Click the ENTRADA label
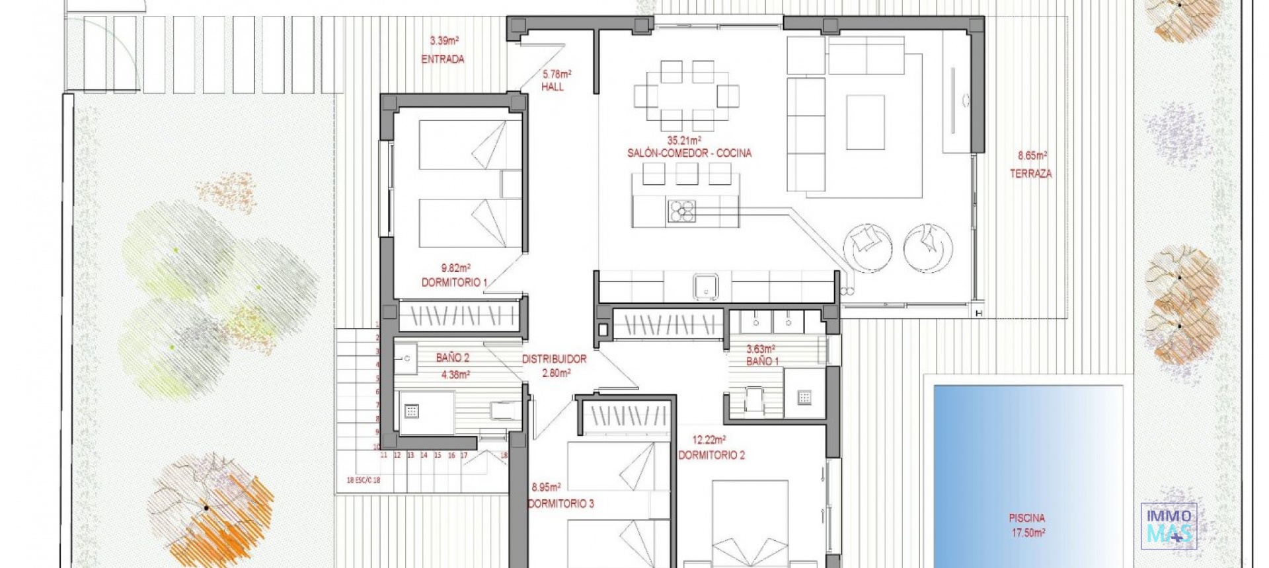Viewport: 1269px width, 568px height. [x=443, y=59]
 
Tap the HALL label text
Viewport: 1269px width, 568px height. [x=553, y=87]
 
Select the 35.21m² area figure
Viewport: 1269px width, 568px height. [x=683, y=141]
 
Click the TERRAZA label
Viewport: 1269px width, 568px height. [x=1030, y=174]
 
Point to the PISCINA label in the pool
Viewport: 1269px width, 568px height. [x=1026, y=518]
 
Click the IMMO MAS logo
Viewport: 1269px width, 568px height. [x=1169, y=526]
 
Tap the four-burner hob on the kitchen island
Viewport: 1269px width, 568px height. [x=681, y=211]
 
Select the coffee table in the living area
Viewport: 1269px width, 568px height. [x=865, y=122]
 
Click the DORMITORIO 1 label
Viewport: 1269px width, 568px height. [x=454, y=283]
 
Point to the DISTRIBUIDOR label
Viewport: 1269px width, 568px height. [x=554, y=359]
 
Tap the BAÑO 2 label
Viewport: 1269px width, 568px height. [x=453, y=358]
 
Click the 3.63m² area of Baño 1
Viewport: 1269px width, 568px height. [x=761, y=349]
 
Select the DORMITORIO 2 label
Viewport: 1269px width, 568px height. [x=711, y=455]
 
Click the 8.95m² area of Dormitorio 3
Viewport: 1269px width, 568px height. [x=546, y=487]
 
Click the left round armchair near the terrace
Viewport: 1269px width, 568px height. [x=867, y=248]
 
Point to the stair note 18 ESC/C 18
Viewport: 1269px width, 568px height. [x=364, y=480]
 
